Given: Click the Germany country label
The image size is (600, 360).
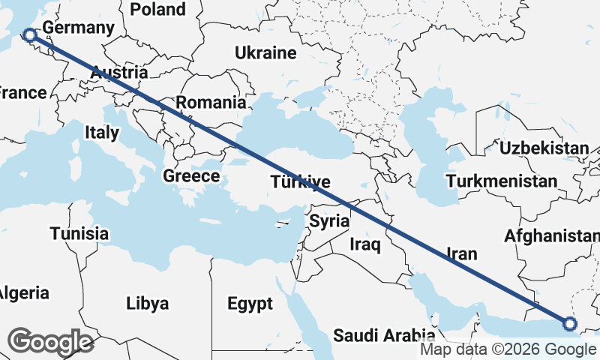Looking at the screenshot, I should pos(79,28).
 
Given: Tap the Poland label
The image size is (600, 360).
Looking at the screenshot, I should pos(157,9).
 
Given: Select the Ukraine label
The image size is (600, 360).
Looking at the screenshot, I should pos(265,53).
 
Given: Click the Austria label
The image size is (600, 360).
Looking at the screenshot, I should pos(119,73).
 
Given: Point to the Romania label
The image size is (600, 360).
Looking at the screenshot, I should pos(211,102).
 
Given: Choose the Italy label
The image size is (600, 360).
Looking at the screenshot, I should pos(102,133).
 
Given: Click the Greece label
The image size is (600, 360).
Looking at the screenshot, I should pos(191,177).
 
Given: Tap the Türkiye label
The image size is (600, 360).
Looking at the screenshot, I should pos(300,182).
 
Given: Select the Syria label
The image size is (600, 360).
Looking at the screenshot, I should pos(329,221).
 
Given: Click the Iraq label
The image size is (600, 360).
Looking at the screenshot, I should pos(365,244).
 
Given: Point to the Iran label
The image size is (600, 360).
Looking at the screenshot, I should pos(461,254).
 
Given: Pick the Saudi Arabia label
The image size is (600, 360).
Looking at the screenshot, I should pos(384,334).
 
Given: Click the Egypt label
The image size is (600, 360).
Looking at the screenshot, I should pos(250,304).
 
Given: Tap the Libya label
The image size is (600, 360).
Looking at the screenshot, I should pos(147,304).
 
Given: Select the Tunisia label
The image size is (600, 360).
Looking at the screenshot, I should pos(79,233).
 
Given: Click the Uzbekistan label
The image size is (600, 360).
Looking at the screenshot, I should pos(544,148).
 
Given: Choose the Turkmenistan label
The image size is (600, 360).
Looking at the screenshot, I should pos(501,181).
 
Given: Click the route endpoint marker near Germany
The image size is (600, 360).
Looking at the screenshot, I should pos(29,34).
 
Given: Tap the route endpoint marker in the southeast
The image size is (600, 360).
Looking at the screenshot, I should pos(569,324).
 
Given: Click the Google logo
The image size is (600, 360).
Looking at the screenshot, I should pos(51,341).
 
